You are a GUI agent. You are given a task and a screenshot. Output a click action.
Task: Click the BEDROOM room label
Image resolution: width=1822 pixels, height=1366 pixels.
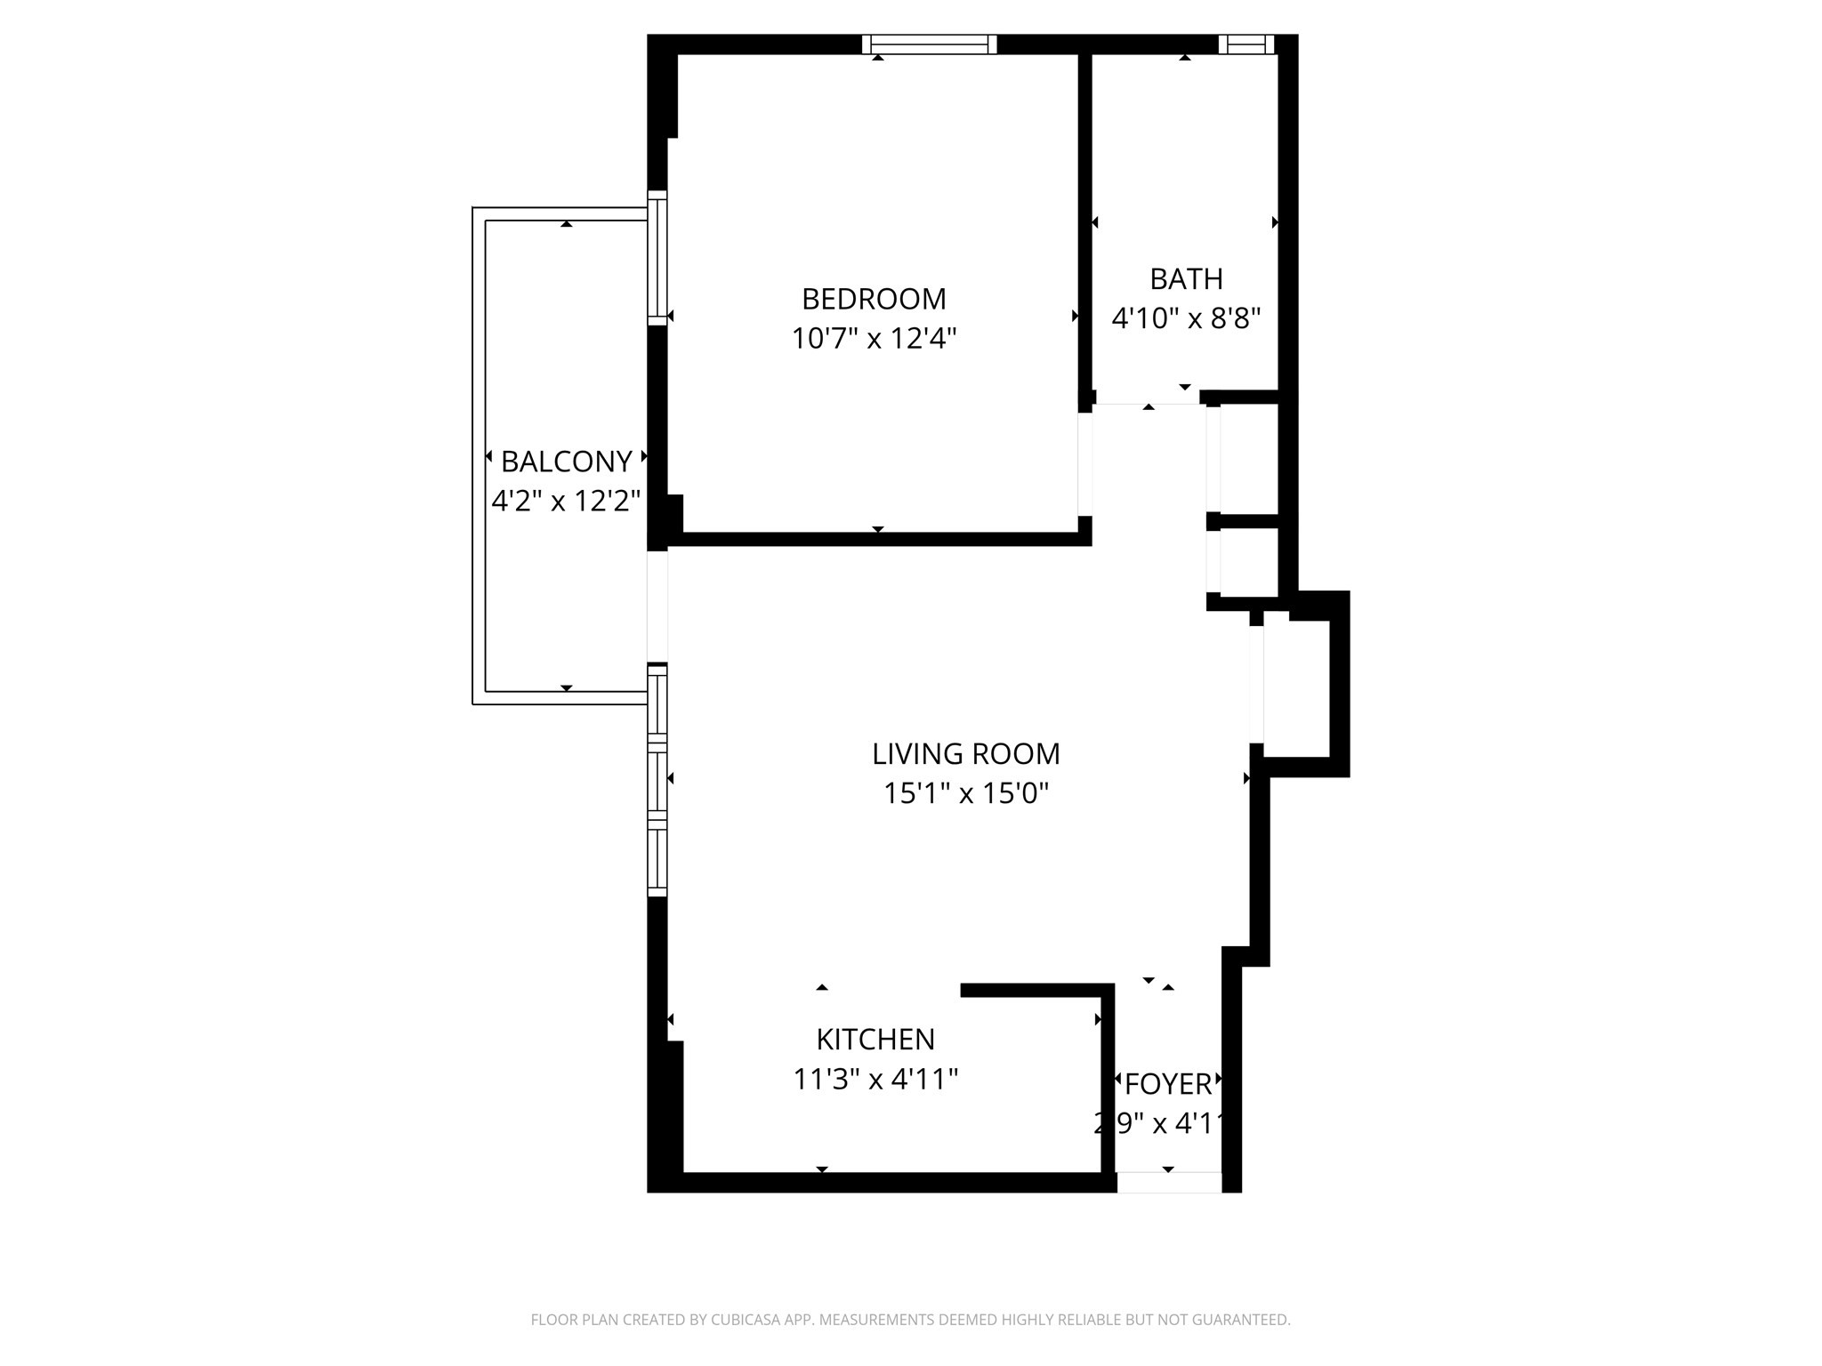[874, 299]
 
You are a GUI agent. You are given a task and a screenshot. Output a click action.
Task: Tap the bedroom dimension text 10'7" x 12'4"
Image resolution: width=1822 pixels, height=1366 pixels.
[874, 339]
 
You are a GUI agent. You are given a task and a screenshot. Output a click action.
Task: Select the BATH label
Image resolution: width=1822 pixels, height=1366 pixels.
[1186, 279]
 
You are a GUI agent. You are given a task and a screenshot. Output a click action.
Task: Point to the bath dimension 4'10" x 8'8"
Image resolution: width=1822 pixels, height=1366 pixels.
[1186, 318]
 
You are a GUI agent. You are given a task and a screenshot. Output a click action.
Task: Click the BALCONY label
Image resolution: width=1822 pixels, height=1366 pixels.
[567, 462]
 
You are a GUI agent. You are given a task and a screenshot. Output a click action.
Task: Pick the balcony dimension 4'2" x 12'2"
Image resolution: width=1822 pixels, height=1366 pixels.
[567, 502]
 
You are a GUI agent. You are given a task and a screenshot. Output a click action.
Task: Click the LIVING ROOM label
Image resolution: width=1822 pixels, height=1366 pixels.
[965, 754]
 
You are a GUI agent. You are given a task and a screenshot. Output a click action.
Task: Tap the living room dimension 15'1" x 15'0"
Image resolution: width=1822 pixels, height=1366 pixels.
[965, 793]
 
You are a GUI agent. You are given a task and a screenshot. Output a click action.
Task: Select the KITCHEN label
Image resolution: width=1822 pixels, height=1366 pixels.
[875, 1040]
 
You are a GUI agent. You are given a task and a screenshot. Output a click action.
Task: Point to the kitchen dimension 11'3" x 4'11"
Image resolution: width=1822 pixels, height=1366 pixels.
[875, 1080]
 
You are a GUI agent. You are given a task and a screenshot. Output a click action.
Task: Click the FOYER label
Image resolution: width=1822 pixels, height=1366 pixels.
[1168, 1085]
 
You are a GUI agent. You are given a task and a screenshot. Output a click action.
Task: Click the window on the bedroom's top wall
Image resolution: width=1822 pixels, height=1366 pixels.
[929, 44]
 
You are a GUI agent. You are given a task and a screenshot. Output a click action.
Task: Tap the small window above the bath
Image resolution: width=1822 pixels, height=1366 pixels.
[1246, 44]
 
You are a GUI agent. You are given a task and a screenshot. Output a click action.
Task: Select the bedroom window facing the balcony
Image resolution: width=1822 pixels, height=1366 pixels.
[657, 258]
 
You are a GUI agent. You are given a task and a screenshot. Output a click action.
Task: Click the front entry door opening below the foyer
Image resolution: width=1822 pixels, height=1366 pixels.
[1169, 1183]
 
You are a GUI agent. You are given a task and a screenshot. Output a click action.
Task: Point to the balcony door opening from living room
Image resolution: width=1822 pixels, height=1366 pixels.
[657, 607]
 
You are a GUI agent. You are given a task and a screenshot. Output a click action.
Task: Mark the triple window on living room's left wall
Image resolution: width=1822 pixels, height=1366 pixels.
[657, 781]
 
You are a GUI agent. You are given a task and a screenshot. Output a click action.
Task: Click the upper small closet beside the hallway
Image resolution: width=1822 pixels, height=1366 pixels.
[1248, 459]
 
